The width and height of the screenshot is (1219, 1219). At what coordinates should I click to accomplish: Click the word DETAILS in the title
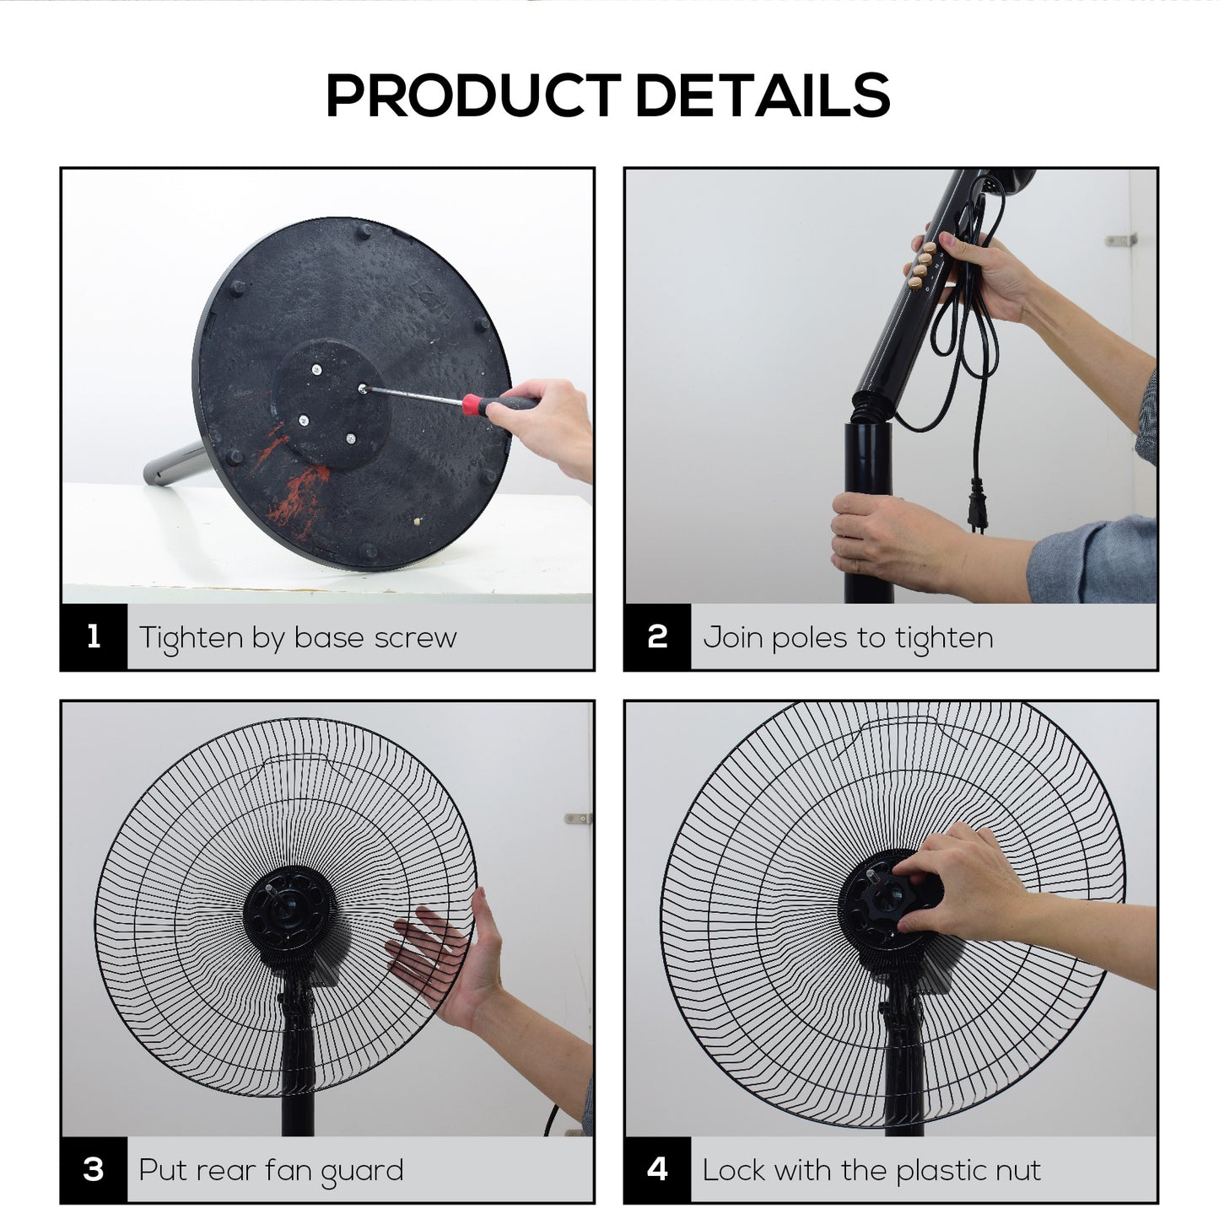point(763,95)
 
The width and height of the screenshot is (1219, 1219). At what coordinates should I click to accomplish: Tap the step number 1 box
point(94,636)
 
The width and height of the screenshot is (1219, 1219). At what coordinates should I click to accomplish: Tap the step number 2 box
point(658,636)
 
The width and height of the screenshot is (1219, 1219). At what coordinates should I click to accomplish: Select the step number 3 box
point(94,1169)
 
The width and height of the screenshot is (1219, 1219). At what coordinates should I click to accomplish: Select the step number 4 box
point(658,1169)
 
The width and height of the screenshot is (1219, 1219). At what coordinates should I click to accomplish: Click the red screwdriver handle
point(499,404)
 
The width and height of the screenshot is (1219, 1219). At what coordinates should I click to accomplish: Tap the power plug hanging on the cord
point(977,503)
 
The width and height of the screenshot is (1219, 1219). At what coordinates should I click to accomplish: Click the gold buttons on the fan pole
point(921,266)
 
